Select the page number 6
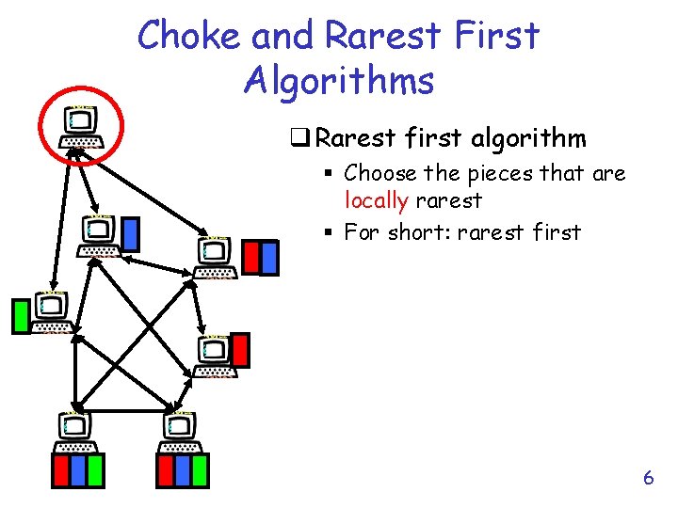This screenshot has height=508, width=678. tap(648, 478)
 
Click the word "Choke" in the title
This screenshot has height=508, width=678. tap(188, 36)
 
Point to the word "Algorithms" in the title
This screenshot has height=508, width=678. tap(338, 81)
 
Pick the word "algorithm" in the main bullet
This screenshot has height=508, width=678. tap(527, 139)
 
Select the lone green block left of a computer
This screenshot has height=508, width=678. tap(20, 316)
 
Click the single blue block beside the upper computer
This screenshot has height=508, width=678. tap(131, 234)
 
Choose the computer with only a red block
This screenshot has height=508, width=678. tap(217, 356)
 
